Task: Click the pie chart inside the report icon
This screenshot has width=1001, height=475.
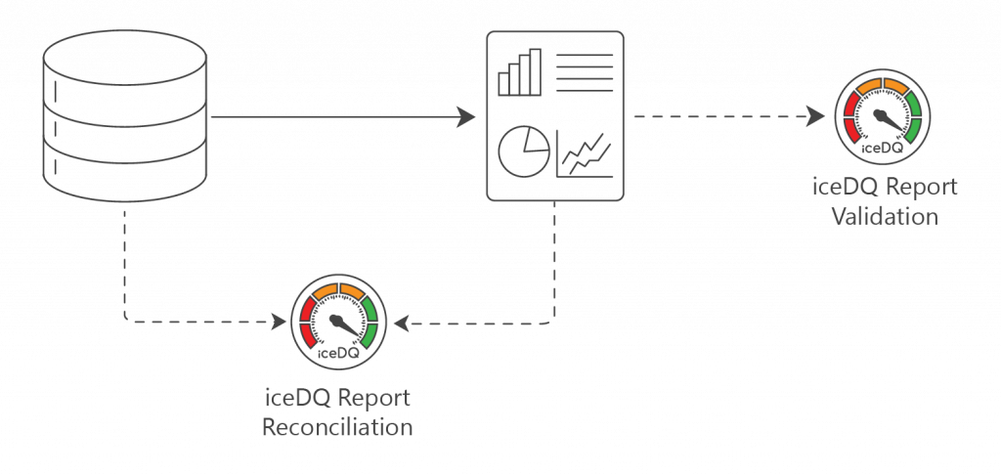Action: coord(523,150)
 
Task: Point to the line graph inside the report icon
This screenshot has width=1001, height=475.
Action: coord(586,154)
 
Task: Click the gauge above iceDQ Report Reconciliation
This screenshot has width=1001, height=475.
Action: coord(338,322)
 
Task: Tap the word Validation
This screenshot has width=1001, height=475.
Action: coord(884,216)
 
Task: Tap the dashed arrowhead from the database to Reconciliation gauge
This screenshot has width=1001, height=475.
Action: coord(276,321)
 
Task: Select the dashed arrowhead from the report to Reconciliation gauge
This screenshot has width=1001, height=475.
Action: coord(402,321)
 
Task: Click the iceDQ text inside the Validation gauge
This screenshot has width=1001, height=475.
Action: coord(880,149)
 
